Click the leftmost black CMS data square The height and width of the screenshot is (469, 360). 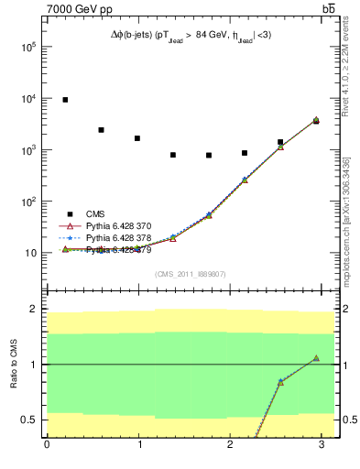coord(65,100)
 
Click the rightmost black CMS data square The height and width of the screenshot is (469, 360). coord(316,120)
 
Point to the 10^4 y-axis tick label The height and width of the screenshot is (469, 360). coord(28,99)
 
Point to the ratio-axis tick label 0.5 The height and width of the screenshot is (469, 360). coord(28,420)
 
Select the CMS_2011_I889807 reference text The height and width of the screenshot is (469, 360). coord(191,274)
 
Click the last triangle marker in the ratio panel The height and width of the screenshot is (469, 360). coord(316,358)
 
